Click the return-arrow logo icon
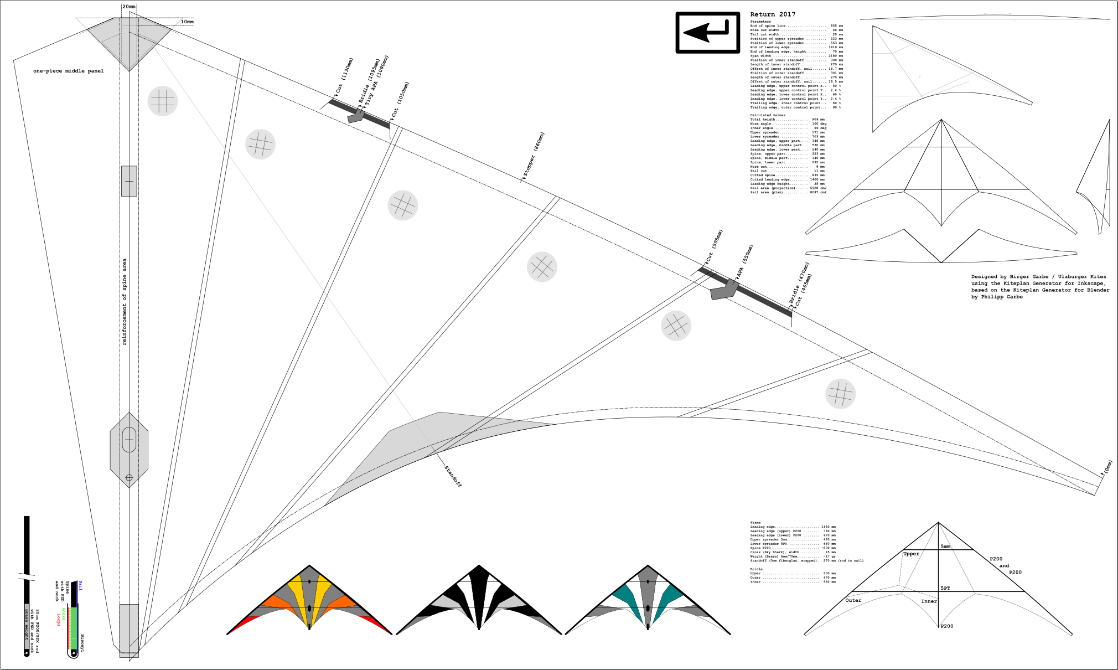coord(707,33)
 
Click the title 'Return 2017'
coord(773,14)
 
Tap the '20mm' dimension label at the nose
coord(128,7)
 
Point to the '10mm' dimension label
coord(187,22)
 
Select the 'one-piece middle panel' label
coord(68,71)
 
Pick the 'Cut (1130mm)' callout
coord(344,76)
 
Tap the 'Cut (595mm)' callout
coord(714,245)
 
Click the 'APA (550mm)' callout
coord(745,261)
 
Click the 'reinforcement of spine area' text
coord(125,302)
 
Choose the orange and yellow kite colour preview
coord(309,601)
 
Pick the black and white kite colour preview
coord(479,601)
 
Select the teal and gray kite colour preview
coord(648,601)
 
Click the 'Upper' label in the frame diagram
coord(911,554)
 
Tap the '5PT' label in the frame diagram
coord(945,588)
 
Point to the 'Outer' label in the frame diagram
coord(853,600)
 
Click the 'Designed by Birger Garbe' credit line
coord(1038,277)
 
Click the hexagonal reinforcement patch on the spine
coord(129,450)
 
